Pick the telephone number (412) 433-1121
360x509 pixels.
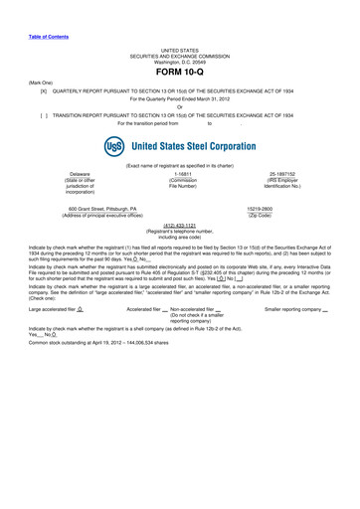[180, 225]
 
